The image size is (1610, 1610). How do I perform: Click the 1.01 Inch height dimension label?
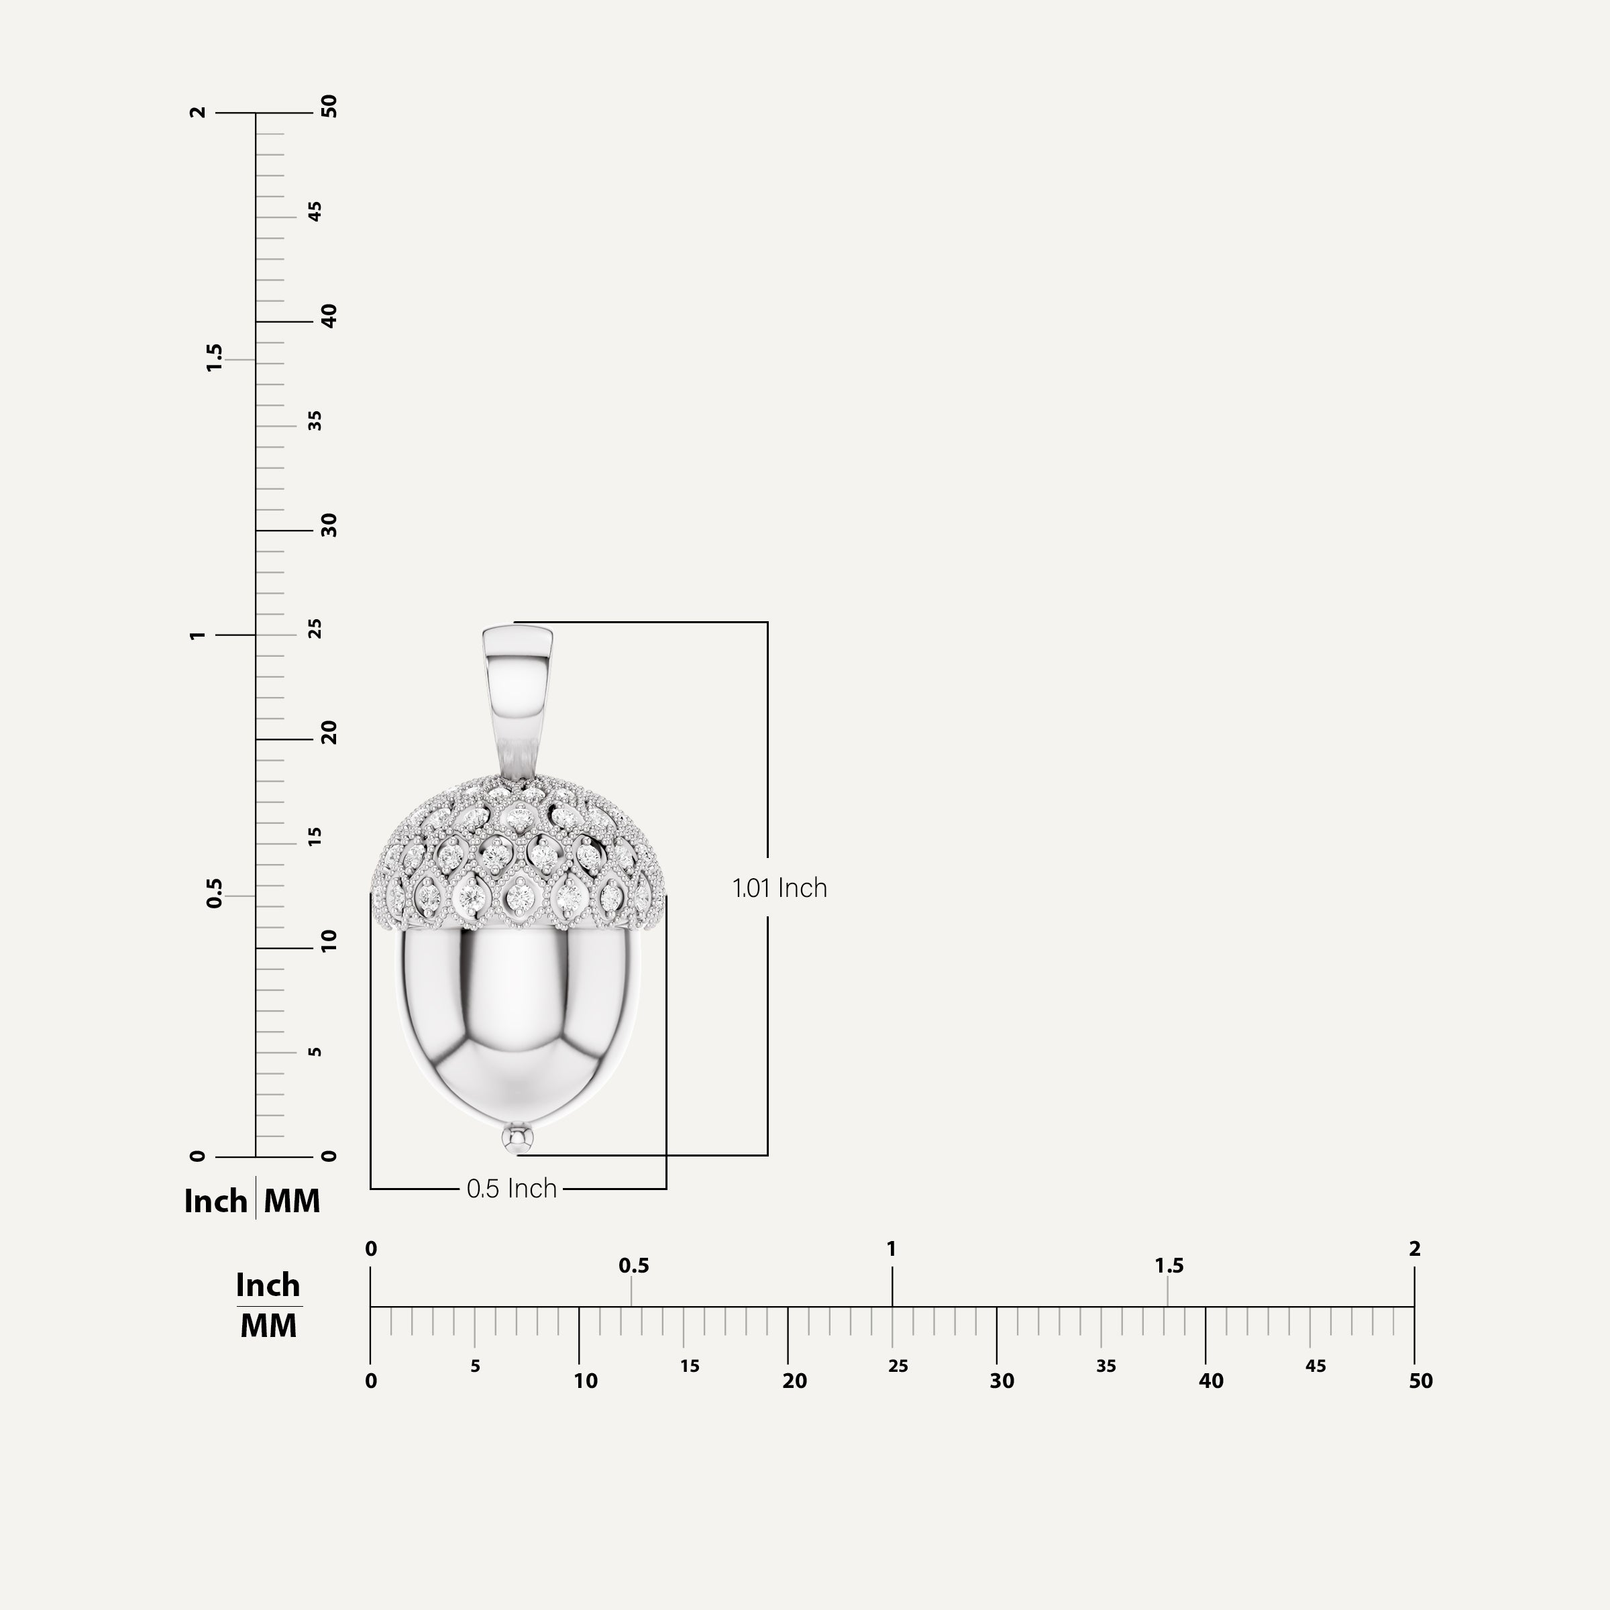[779, 888]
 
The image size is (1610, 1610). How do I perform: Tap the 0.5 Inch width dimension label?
[512, 1188]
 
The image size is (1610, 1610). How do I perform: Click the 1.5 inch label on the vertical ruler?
[214, 358]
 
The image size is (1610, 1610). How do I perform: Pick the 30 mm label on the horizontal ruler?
[1002, 1381]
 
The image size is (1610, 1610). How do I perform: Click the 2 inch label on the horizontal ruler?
[1414, 1249]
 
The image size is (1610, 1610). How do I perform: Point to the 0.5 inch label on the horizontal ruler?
[633, 1266]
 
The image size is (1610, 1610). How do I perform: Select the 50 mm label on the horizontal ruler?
[1421, 1381]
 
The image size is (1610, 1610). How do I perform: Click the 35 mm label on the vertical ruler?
[315, 421]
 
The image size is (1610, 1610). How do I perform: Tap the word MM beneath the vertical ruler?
[292, 1201]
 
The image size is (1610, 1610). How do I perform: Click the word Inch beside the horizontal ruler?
[268, 1285]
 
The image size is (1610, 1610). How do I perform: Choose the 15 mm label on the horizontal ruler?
[689, 1366]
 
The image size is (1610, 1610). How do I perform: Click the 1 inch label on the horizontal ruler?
[892, 1249]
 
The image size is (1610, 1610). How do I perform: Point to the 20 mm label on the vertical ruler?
[329, 733]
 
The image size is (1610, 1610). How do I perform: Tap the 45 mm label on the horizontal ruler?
[1315, 1366]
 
